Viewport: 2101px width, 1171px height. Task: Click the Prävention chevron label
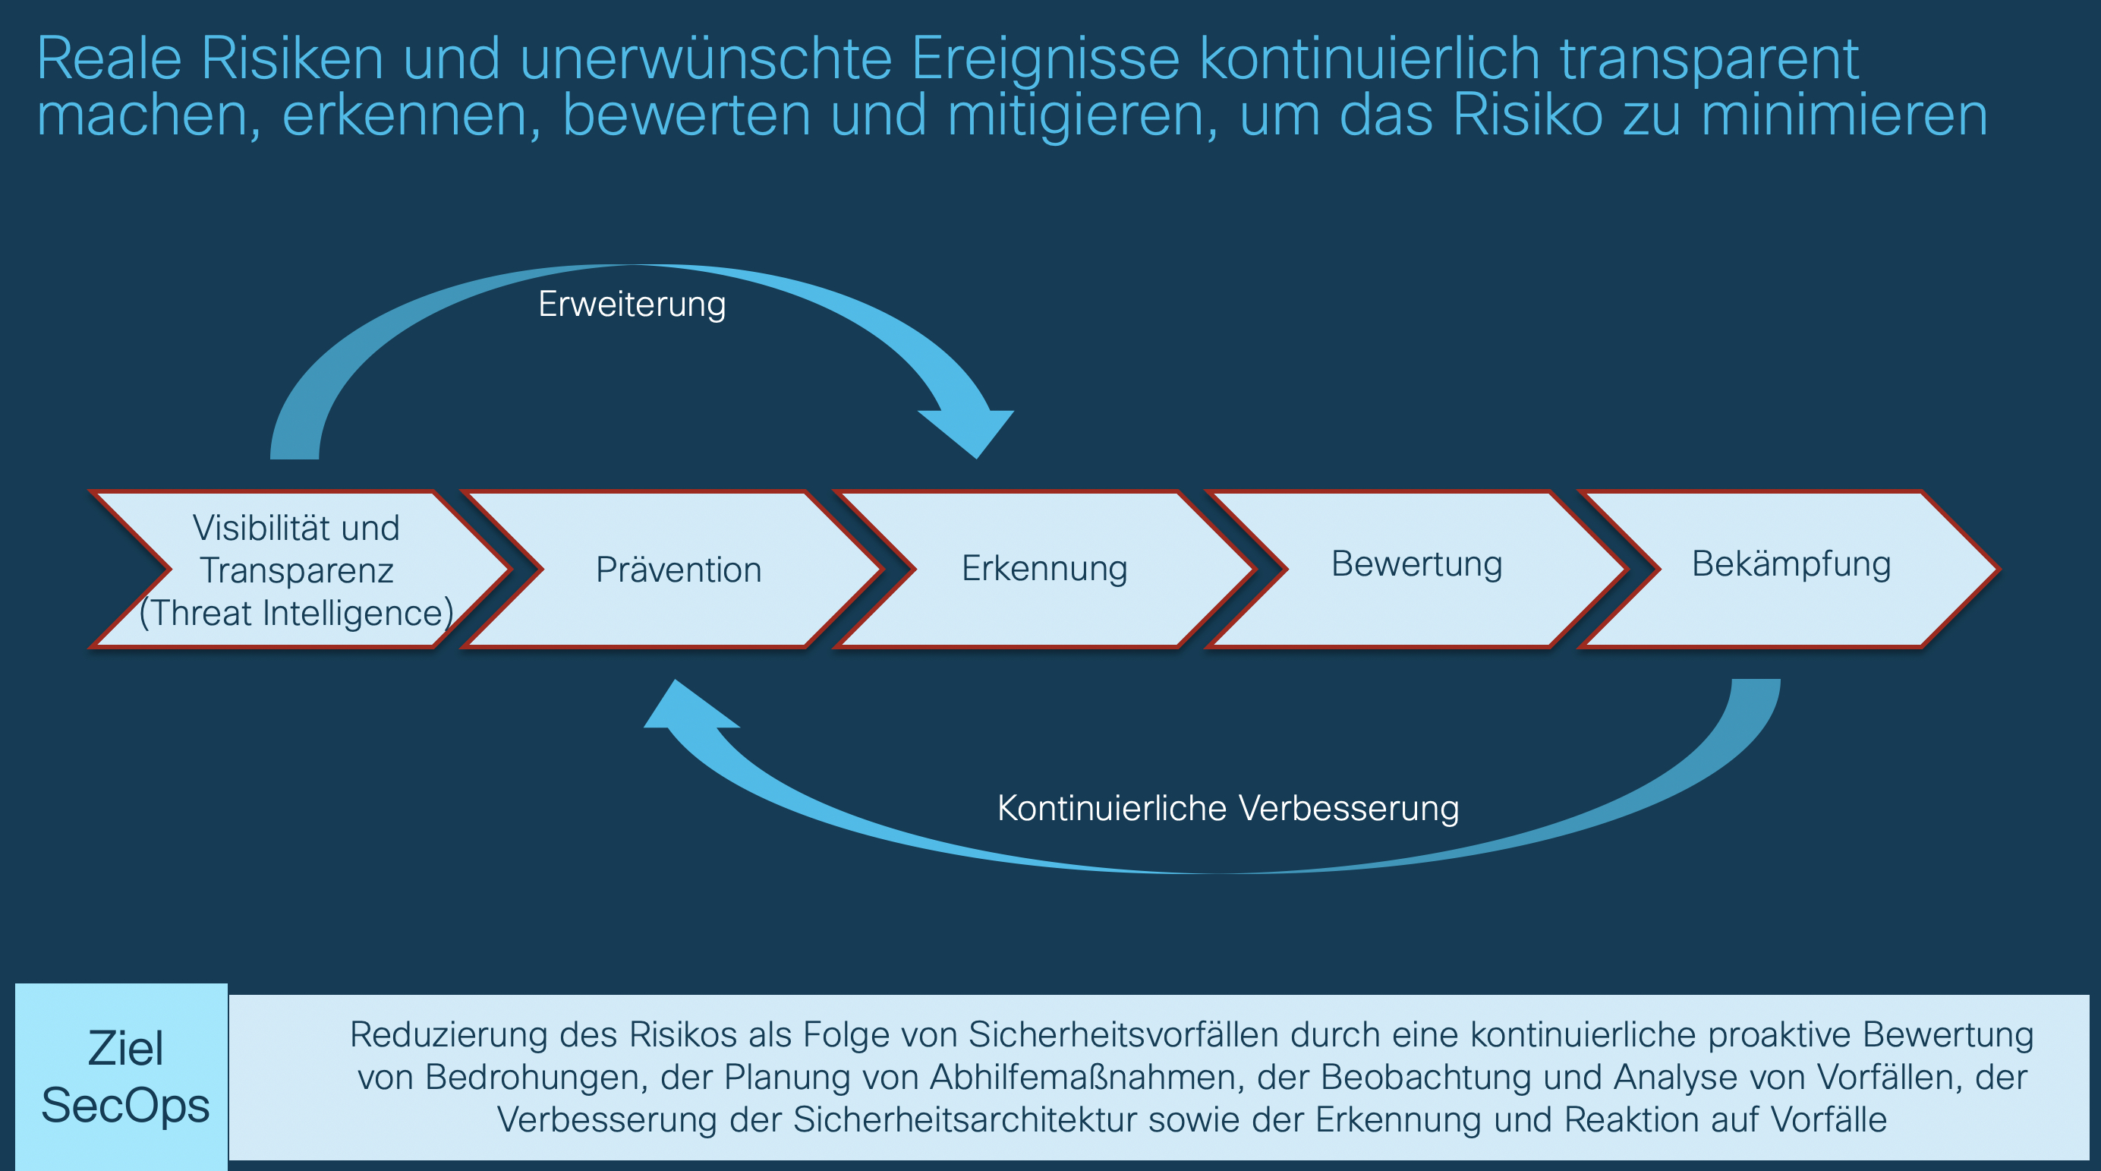679,570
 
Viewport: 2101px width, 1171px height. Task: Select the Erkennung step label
1044,568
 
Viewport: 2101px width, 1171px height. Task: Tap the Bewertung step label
1416,564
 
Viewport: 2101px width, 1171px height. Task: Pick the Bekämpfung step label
1791,564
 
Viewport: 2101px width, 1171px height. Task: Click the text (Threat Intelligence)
296,613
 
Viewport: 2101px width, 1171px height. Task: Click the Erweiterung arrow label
632,305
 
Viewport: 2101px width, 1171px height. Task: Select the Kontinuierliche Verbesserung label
1227,809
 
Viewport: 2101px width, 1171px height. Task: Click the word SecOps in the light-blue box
125,1106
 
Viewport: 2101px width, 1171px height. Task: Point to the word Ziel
125,1049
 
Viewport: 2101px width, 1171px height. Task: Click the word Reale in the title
109,58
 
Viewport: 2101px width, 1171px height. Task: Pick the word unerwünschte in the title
705,58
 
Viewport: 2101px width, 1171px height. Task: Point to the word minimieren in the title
1844,115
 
